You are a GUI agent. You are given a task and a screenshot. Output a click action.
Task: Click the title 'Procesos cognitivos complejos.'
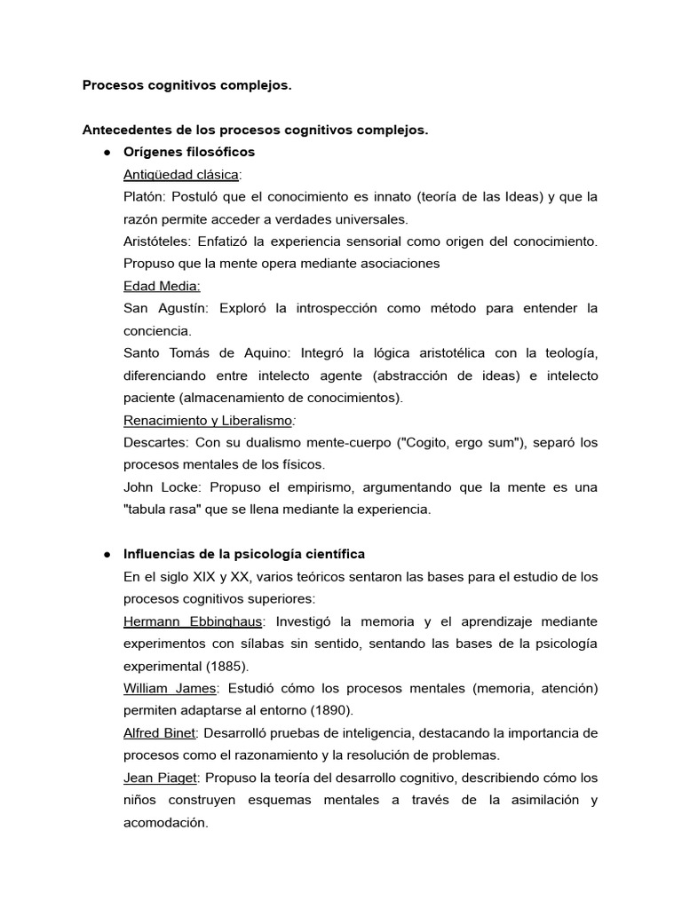pos(186,86)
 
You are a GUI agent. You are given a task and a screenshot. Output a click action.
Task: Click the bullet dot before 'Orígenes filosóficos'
pos(107,153)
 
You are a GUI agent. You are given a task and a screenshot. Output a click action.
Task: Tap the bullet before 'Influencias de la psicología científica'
pos(107,554)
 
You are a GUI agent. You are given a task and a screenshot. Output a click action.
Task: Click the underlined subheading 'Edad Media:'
pos(163,286)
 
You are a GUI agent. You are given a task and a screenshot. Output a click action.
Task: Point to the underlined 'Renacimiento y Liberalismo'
pos(209,420)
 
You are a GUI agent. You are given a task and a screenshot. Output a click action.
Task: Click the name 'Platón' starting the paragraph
pos(144,197)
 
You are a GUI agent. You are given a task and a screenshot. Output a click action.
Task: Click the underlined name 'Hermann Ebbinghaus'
pos(193,620)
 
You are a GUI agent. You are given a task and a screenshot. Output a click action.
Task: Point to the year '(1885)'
pos(225,666)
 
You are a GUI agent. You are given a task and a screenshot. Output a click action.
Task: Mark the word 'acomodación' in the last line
pos(166,822)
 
